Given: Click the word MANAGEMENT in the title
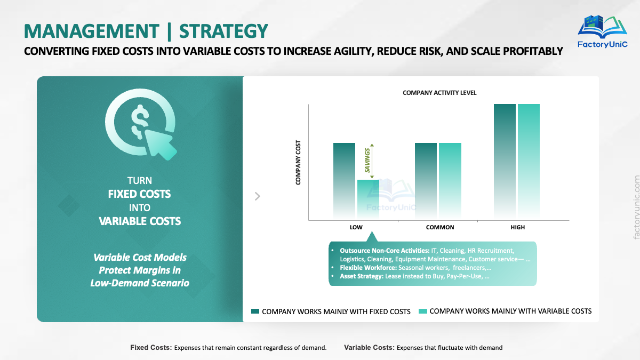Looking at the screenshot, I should (91, 31).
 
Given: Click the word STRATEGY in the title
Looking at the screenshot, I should (223, 31).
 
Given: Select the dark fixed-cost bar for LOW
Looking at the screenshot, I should (344, 181).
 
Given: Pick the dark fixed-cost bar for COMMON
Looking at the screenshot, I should (426, 181).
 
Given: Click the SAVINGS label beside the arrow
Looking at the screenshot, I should (367, 160).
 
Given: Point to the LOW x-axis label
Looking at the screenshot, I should (356, 227).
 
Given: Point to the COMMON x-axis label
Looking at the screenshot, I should (440, 227).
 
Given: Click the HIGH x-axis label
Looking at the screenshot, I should (517, 227).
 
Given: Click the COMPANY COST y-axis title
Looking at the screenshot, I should (299, 163).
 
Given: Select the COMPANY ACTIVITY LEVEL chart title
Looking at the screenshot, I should (439, 93).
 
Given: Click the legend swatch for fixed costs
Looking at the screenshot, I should (255, 311).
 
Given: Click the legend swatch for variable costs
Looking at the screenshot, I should (422, 311).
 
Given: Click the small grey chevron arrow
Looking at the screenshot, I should (258, 196).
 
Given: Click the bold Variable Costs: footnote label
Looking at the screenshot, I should (369, 348).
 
